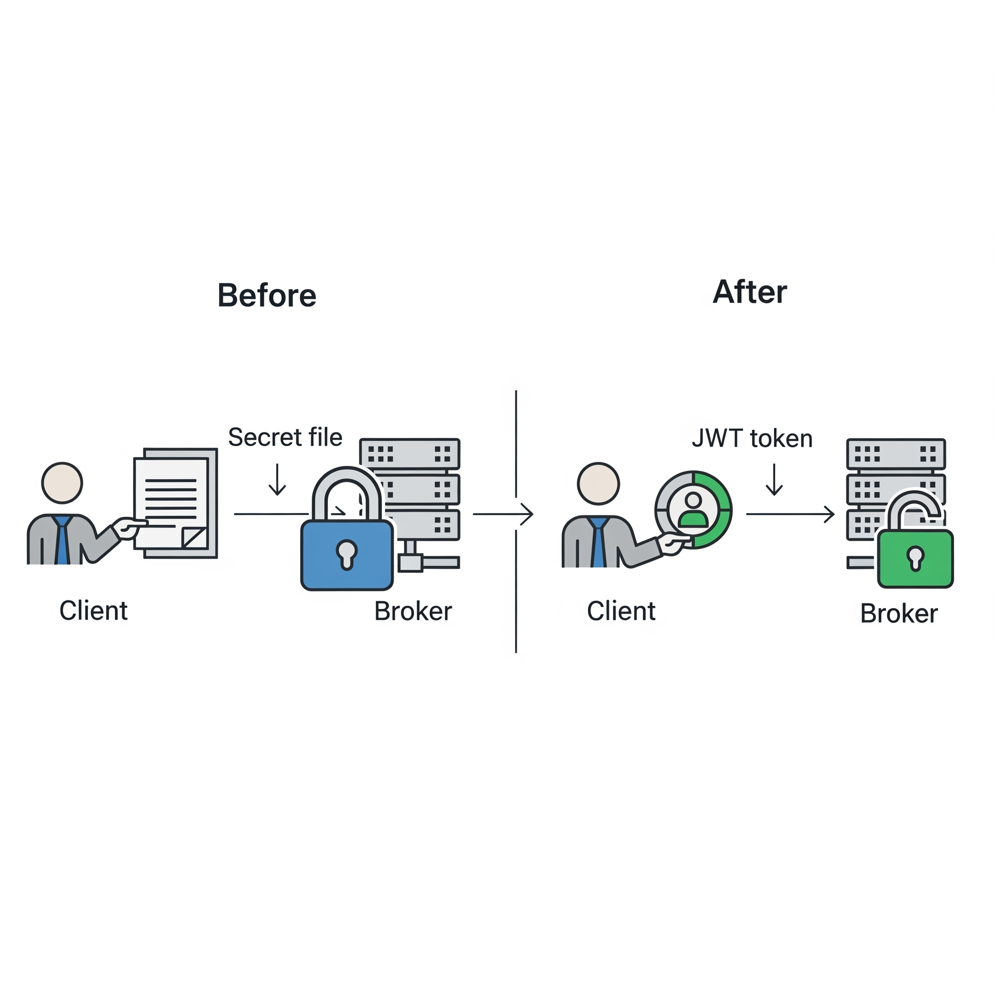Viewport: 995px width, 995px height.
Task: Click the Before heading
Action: coord(267,295)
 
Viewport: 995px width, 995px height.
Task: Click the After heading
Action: coord(749,292)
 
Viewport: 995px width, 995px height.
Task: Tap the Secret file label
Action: coord(285,437)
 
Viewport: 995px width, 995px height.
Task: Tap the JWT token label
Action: coord(752,438)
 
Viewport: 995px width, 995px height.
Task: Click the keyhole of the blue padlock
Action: coord(346,554)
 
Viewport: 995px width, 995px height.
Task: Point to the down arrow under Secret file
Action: coord(277,480)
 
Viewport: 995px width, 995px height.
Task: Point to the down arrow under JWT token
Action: coord(774,480)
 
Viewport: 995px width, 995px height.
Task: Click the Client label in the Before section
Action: coord(93,611)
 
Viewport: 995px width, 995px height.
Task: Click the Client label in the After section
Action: coord(621,611)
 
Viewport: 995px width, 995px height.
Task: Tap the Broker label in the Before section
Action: coord(413,611)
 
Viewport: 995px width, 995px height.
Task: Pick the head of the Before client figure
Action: coord(62,483)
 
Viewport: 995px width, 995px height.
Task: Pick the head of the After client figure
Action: coord(599,483)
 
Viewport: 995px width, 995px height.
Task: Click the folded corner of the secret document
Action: coord(195,538)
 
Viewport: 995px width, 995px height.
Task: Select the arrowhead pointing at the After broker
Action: coord(829,514)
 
